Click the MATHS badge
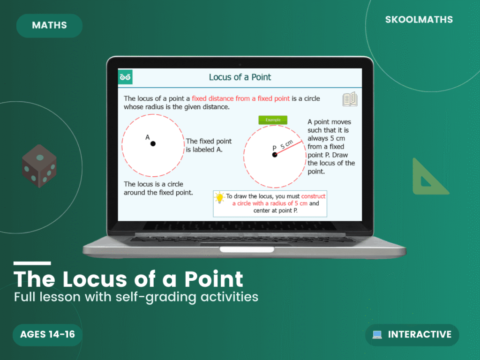pyautogui.click(x=49, y=26)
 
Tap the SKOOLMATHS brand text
pyautogui.click(x=419, y=20)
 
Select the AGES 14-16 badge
pyautogui.click(x=47, y=334)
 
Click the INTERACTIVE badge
pyautogui.click(x=412, y=335)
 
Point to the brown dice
pyautogui.click(x=39, y=166)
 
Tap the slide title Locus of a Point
pyautogui.click(x=240, y=77)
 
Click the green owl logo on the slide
pyautogui.click(x=126, y=77)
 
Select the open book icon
pyautogui.click(x=350, y=99)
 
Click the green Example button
pyautogui.click(x=273, y=120)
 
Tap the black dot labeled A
pyautogui.click(x=153, y=144)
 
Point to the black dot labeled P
pyautogui.click(x=275, y=155)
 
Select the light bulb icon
pyautogui.click(x=219, y=197)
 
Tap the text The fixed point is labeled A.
pyautogui.click(x=209, y=145)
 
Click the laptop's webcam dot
pyautogui.click(x=240, y=64)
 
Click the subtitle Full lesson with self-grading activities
pyautogui.click(x=136, y=297)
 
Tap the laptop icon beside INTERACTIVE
pyautogui.click(x=377, y=335)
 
